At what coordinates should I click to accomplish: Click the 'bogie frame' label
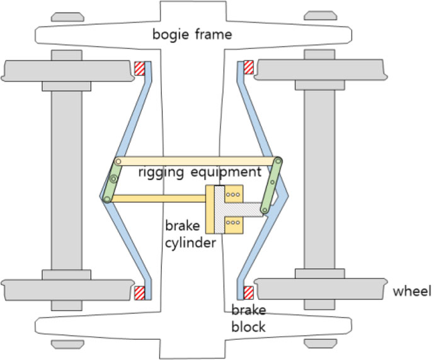point(192,34)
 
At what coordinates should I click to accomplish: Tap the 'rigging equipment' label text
point(200,172)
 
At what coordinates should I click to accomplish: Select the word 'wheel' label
point(411,291)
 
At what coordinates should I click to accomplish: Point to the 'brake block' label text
point(248,318)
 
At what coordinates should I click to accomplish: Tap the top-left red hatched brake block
point(139,67)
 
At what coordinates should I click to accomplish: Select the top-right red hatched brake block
point(248,67)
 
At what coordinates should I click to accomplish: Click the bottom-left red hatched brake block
point(139,293)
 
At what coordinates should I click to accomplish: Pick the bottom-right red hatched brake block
point(248,293)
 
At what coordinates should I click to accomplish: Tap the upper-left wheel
point(66,70)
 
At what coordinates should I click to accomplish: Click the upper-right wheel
point(321,70)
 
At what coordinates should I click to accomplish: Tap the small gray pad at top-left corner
point(67,16)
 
